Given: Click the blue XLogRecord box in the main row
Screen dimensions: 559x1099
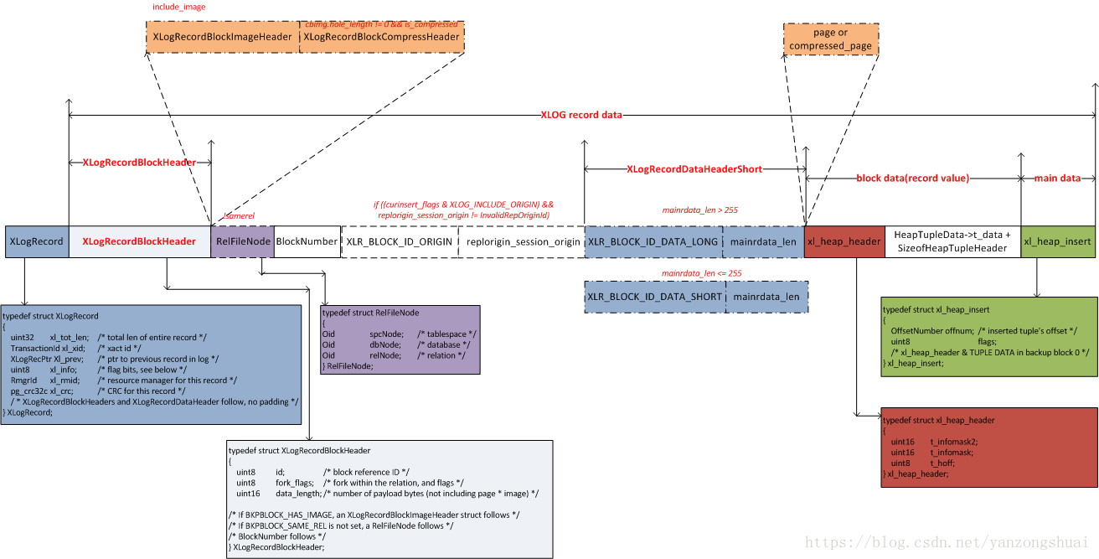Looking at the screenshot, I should click(x=36, y=241).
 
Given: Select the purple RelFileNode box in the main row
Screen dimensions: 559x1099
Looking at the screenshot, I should click(x=243, y=241).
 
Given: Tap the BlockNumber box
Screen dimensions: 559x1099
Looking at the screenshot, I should click(x=307, y=241).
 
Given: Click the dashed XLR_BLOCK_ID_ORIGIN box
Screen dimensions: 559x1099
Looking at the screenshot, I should click(x=400, y=241).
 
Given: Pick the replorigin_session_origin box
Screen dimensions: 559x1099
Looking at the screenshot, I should click(x=523, y=241).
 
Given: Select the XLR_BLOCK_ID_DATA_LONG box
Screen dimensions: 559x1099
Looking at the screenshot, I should click(x=654, y=241).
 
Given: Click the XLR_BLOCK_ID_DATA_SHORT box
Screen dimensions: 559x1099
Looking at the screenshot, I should click(x=654, y=297).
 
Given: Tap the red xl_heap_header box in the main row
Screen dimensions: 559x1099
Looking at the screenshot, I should click(x=844, y=241).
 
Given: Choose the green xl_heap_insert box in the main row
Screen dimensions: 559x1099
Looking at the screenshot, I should click(x=1057, y=241).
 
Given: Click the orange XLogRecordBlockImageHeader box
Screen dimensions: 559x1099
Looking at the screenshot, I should click(x=222, y=37).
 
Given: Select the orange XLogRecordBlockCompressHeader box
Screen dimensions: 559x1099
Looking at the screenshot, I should click(x=381, y=37).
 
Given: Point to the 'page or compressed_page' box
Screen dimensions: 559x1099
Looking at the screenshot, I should click(x=830, y=39).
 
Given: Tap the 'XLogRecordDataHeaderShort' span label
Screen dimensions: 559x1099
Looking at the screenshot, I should click(x=694, y=169).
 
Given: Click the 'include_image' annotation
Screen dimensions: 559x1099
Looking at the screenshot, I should click(x=178, y=8).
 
